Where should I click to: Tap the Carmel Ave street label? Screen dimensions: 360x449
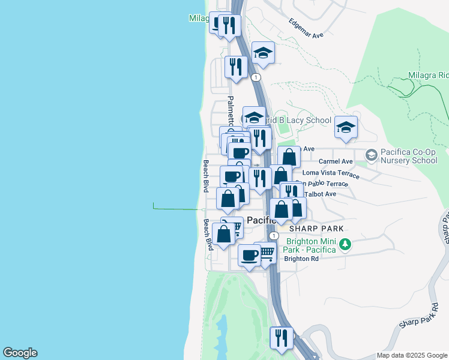[336, 161]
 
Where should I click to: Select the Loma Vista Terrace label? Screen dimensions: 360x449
[331, 173]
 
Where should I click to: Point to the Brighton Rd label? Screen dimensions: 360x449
[301, 259]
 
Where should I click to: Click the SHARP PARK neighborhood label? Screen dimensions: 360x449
[316, 229]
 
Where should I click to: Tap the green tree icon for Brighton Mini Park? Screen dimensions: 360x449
[345, 244]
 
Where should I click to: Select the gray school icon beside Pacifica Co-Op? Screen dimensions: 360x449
[371, 155]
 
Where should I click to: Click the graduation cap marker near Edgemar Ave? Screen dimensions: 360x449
[263, 53]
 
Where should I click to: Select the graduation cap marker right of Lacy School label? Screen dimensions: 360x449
[346, 127]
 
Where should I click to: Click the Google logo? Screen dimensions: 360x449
[20, 353]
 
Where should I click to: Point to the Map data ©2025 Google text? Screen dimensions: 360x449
[411, 355]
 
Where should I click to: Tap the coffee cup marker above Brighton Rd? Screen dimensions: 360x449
[249, 255]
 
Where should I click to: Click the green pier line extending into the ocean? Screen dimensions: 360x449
[177, 209]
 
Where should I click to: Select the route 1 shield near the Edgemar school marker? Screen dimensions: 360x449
[256, 77]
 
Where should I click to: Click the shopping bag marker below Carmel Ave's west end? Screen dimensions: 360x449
[289, 157]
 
